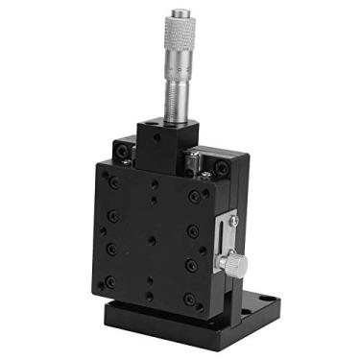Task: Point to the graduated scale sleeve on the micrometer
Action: [x=179, y=86]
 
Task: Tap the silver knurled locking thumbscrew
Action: [x=231, y=262]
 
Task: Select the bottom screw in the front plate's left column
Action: [x=108, y=282]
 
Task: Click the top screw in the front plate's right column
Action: [x=194, y=197]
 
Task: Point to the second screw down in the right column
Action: [x=193, y=231]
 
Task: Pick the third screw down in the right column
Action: [x=191, y=265]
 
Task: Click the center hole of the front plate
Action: [x=152, y=240]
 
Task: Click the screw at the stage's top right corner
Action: [x=222, y=167]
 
